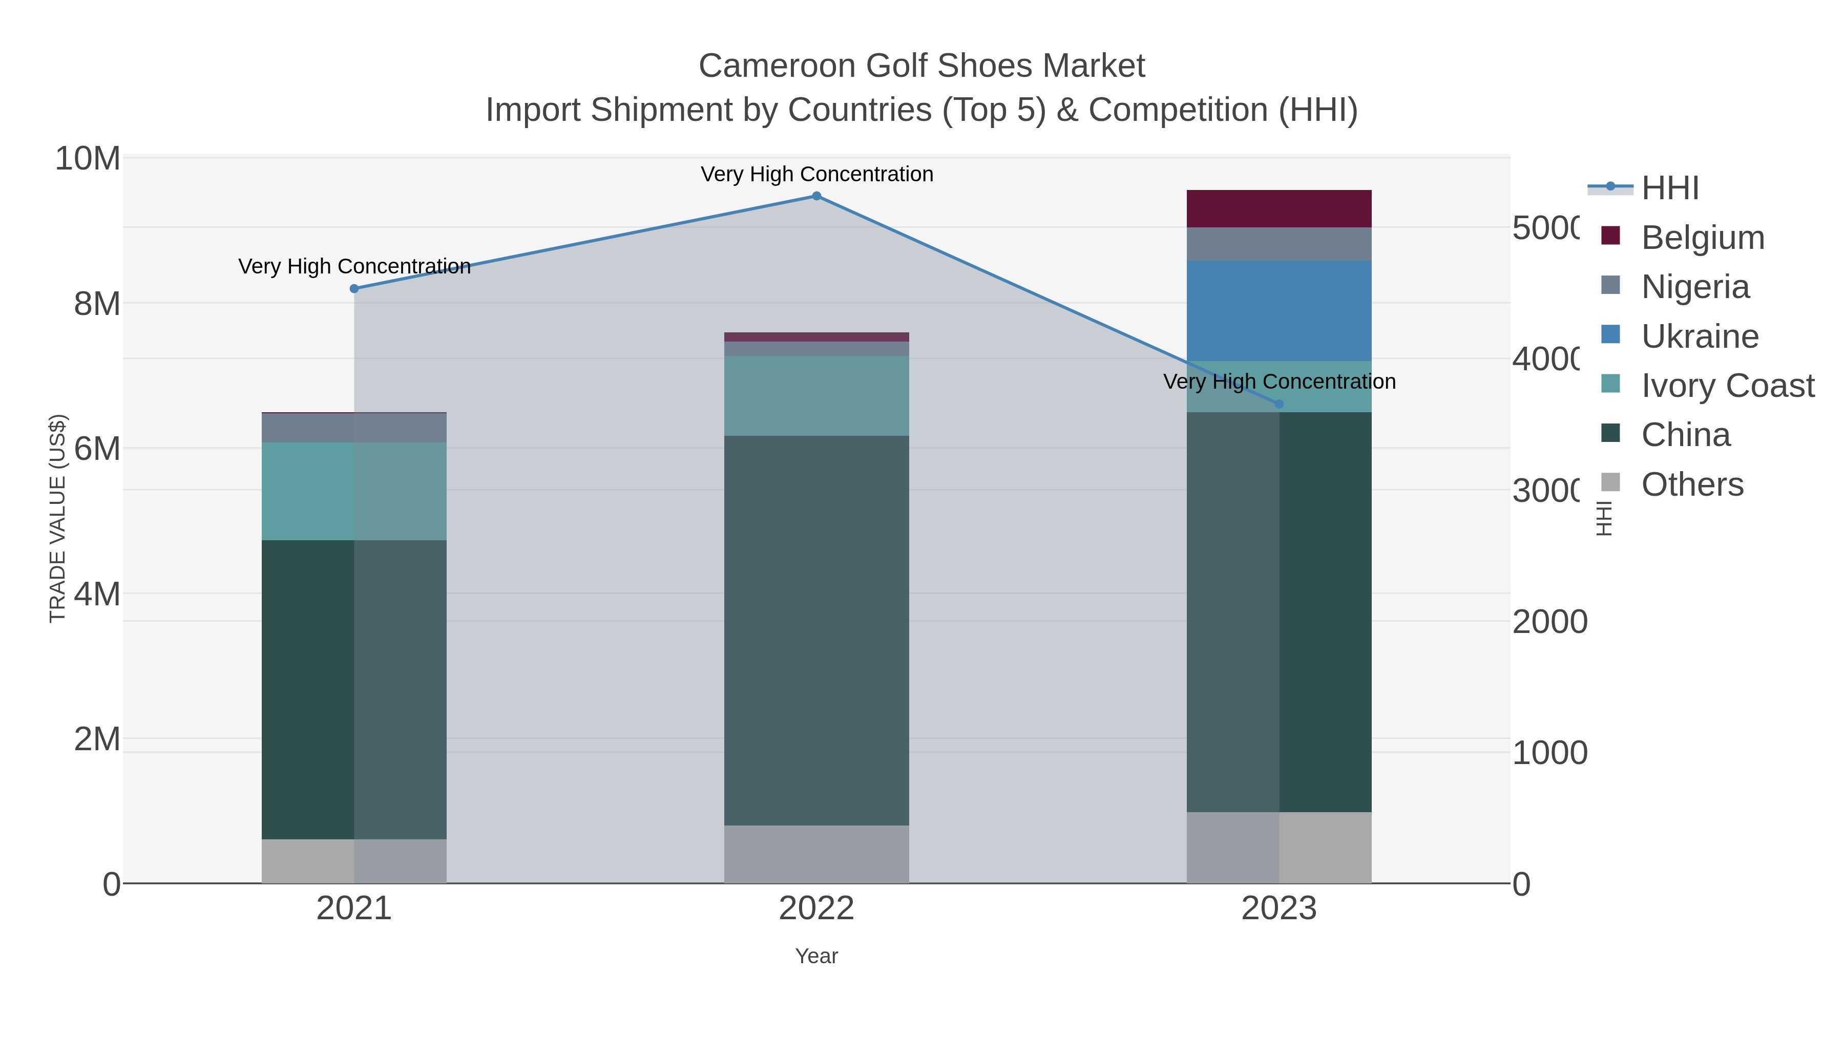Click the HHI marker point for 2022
click(x=816, y=196)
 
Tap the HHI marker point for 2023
click(x=1279, y=404)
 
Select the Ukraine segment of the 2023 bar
click(x=1279, y=311)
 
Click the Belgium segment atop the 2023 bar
click(x=1279, y=208)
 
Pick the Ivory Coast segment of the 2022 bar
click(x=816, y=396)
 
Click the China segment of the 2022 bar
click(x=816, y=630)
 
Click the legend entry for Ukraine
click(x=1700, y=336)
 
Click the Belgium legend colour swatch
click(x=1610, y=236)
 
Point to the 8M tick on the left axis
click(x=97, y=304)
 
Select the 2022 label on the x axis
click(x=816, y=909)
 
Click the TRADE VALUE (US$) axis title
click(x=57, y=518)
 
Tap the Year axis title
click(x=816, y=956)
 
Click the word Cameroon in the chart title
click(x=776, y=66)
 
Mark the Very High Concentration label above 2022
click(x=816, y=174)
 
